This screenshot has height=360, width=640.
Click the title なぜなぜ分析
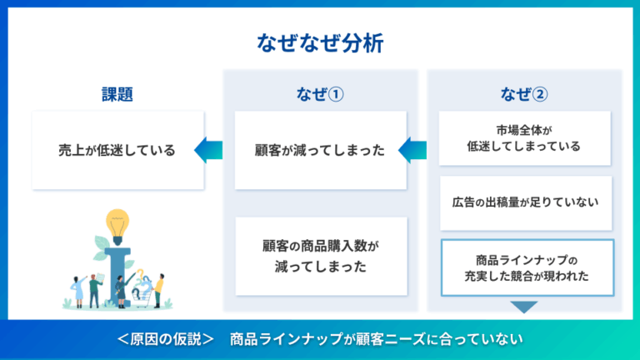pyautogui.click(x=320, y=43)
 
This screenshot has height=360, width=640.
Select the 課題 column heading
pyautogui.click(x=117, y=93)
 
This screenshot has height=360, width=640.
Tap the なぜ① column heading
pyautogui.click(x=320, y=93)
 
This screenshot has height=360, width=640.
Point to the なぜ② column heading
pyautogui.click(x=525, y=93)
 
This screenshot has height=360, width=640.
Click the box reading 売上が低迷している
pyautogui.click(x=117, y=151)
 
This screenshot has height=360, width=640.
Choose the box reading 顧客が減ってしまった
pyautogui.click(x=320, y=151)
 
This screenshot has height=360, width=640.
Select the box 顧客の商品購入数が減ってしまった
pyautogui.click(x=320, y=257)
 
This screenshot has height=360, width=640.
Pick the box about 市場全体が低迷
pyautogui.click(x=525, y=137)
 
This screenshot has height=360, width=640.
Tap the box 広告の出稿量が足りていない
pyautogui.click(x=525, y=202)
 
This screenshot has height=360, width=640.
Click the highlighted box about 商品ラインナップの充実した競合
pyautogui.click(x=527, y=267)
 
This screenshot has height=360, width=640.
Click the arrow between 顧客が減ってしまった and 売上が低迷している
pyautogui.click(x=208, y=151)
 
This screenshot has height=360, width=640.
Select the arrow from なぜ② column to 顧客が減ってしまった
pyautogui.click(x=412, y=151)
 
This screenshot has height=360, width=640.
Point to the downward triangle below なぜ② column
pyautogui.click(x=525, y=307)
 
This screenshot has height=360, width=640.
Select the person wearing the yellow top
pyautogui.click(x=158, y=287)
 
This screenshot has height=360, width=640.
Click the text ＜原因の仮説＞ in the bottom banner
pyautogui.click(x=166, y=338)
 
